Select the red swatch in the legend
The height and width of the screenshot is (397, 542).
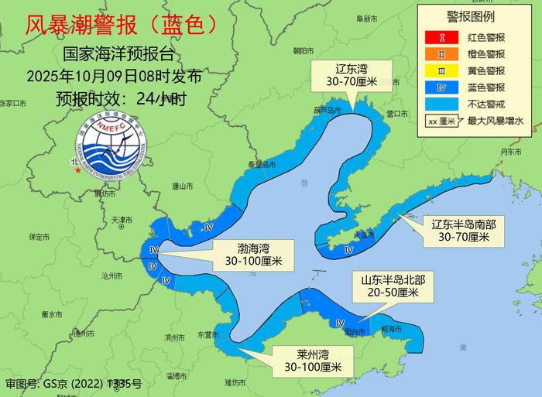coord(440,37)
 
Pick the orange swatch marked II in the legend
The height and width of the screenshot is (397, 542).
coord(440,54)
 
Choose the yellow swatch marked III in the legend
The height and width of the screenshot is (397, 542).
coord(440,71)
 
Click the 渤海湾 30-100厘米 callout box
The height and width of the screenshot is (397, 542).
coord(254,255)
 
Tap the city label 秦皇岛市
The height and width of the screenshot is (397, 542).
coord(261,164)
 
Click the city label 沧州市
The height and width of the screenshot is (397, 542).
coord(111,276)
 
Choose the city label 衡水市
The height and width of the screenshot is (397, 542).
coord(52,314)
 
